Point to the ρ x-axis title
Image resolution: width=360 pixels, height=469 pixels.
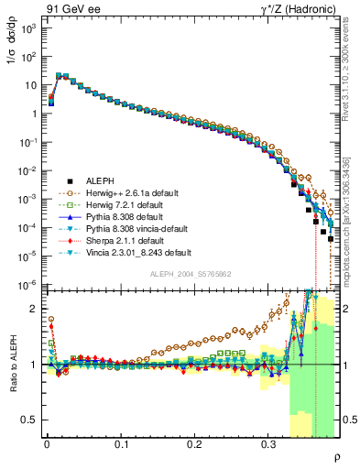click(x=348, y=457)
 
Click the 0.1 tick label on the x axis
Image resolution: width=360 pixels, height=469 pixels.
click(x=120, y=443)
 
